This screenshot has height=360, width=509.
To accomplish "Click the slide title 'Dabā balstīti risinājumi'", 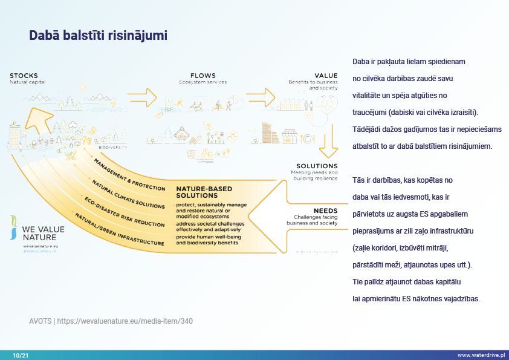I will [x=99, y=36].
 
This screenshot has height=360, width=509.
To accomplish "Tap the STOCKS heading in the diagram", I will [x=24, y=76].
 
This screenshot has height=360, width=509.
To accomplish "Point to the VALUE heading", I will [x=326, y=76].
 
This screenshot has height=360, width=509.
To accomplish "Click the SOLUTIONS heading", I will [x=317, y=166].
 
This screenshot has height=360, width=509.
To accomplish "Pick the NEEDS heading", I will [x=325, y=211].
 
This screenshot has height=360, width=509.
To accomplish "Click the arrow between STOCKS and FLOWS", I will [x=143, y=95].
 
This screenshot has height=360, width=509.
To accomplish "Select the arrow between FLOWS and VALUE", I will [x=261, y=95].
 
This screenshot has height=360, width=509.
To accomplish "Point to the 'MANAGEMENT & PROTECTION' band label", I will [x=129, y=175].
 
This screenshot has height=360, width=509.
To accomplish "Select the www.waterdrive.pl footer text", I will [x=481, y=355].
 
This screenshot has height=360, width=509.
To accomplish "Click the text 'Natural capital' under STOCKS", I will [x=28, y=82].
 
